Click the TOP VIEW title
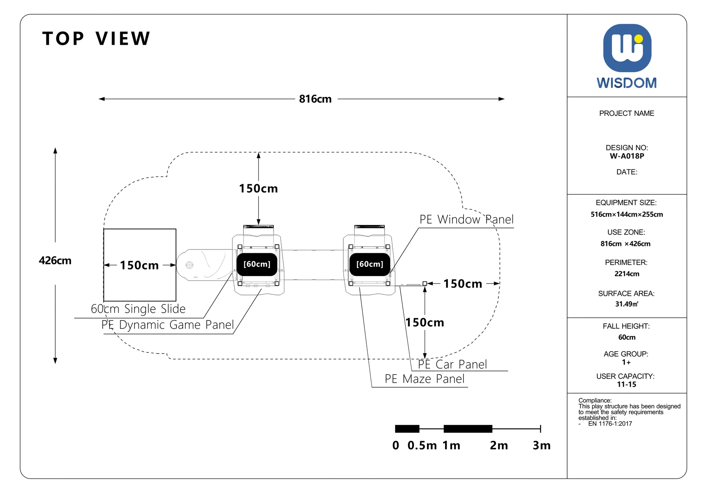96,38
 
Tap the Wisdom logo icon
627,48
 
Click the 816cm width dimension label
315,99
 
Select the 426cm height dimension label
55,260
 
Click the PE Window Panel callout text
466,219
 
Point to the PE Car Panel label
452,364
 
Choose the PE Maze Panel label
424,379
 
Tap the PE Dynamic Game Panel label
167,325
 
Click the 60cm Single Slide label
138,309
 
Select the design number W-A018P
627,156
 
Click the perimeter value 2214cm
627,274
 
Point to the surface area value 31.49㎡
627,304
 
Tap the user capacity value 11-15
626,385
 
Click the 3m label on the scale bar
542,445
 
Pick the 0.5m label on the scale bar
422,445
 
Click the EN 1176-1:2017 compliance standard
610,424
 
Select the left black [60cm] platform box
257,264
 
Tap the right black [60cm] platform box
370,264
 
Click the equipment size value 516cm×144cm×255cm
627,214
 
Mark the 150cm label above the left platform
258,189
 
